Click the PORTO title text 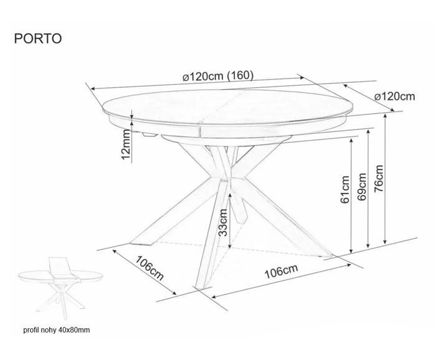38,39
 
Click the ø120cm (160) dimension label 218,75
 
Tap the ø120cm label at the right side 394,97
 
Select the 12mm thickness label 126,144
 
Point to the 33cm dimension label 223,222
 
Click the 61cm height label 345,189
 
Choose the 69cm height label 362,186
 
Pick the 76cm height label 379,179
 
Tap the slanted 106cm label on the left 150,268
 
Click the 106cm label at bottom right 281,271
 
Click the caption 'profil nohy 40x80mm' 57,330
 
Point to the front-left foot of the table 142,243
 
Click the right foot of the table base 328,255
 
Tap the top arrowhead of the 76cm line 386,115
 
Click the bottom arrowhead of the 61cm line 351,251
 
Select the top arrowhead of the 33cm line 230,194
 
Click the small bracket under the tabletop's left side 149,135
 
